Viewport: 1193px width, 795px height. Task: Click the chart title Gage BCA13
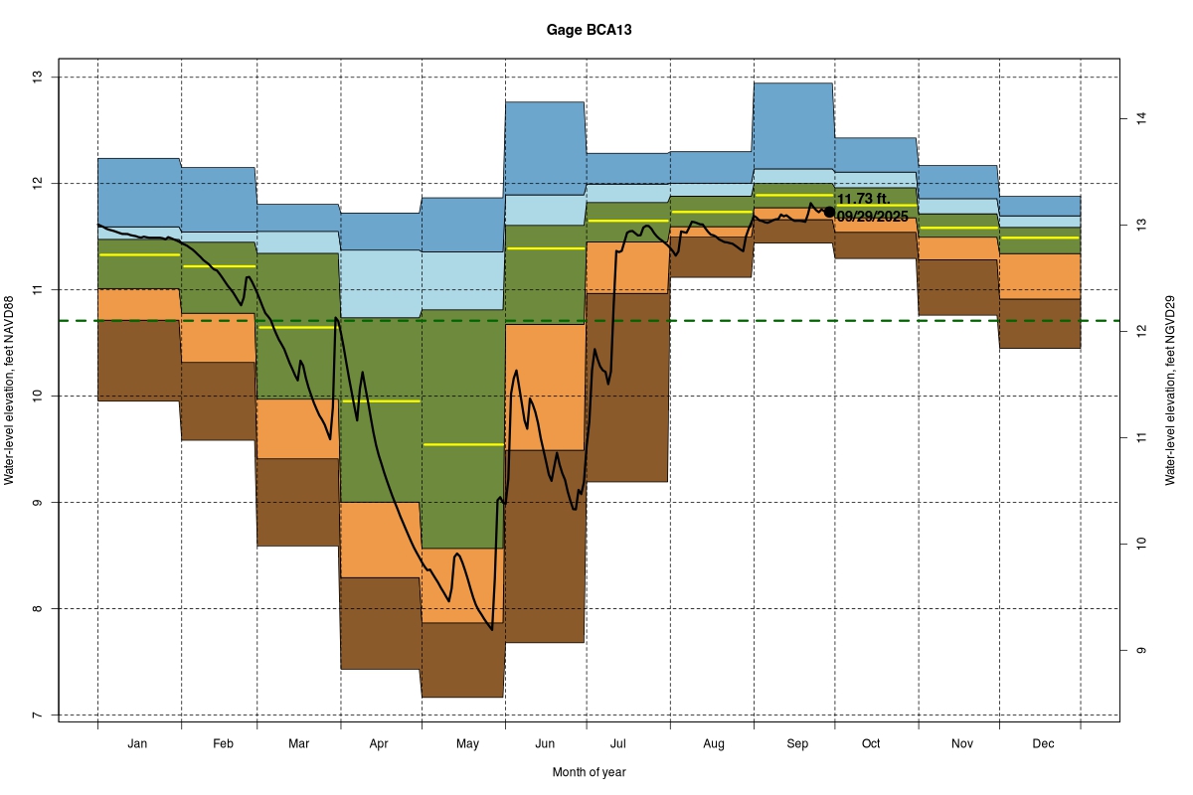[589, 30]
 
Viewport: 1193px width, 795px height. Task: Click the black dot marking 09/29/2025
[829, 212]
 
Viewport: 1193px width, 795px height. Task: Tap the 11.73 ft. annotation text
[863, 199]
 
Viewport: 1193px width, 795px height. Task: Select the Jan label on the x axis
[138, 743]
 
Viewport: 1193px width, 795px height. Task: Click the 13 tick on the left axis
[37, 77]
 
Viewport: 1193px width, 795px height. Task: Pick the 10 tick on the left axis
[37, 396]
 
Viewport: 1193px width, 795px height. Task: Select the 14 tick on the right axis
[1142, 119]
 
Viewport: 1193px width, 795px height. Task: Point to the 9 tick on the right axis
[1142, 651]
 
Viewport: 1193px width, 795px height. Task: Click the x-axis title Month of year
[589, 771]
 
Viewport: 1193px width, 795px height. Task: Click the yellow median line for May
[463, 444]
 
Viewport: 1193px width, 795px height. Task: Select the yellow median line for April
[381, 401]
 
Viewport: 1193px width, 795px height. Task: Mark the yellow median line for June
[545, 248]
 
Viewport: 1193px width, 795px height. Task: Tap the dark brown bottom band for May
[463, 660]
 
